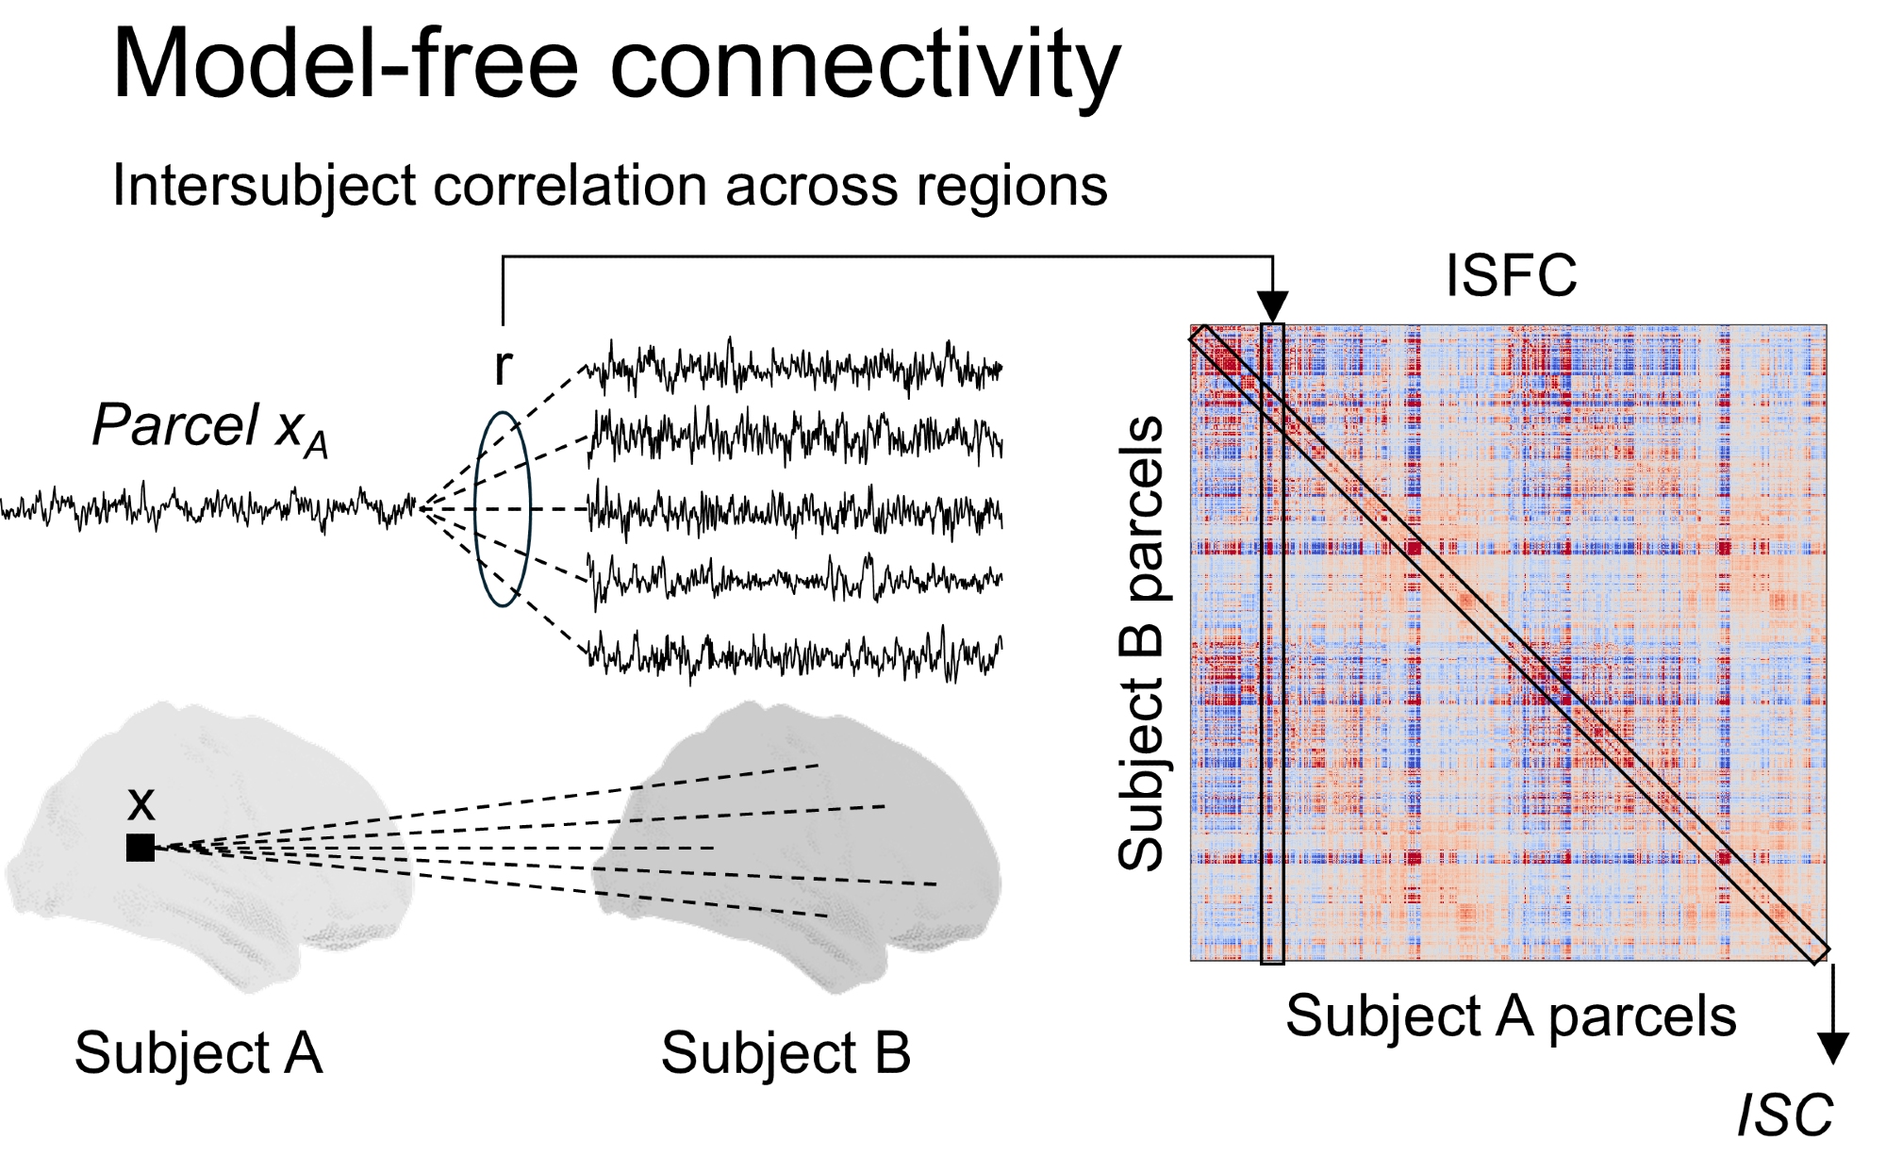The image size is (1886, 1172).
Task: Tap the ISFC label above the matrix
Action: click(1511, 276)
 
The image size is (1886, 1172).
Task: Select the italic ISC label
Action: click(1784, 1115)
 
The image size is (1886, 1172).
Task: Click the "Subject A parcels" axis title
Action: click(1511, 1016)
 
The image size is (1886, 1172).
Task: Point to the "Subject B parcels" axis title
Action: click(1141, 643)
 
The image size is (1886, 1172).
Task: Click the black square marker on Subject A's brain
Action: click(141, 848)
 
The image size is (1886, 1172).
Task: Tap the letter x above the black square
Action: click(141, 803)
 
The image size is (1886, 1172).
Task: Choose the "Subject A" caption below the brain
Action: click(198, 1053)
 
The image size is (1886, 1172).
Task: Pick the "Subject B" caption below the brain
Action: click(786, 1053)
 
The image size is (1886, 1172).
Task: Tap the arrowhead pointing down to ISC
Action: click(1833, 1048)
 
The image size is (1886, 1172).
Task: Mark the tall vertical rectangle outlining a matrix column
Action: click(1273, 643)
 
